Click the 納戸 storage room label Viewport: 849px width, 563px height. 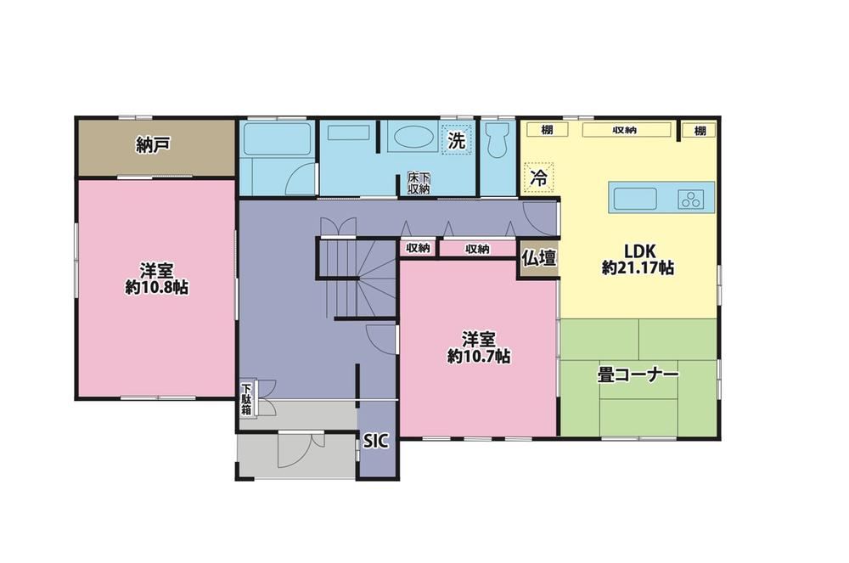(153, 145)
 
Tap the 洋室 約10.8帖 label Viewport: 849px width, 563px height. (156, 279)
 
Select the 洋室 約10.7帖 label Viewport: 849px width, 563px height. (479, 347)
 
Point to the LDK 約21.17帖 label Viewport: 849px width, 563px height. (638, 259)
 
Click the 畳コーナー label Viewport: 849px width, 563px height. (638, 374)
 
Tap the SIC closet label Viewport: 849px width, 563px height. (375, 441)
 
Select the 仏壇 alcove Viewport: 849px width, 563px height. (539, 258)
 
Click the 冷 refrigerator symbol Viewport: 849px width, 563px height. (538, 177)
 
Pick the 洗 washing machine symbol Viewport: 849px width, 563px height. (457, 140)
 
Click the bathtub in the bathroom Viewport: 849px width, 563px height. (276, 139)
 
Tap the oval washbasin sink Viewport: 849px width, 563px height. (413, 138)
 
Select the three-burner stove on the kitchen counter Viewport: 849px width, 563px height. (691, 200)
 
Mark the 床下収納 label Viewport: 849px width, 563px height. (419, 183)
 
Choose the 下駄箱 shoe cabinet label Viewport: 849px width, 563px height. (246, 399)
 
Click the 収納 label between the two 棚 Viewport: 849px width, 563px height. (626, 130)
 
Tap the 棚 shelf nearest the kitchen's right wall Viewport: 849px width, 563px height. (699, 131)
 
